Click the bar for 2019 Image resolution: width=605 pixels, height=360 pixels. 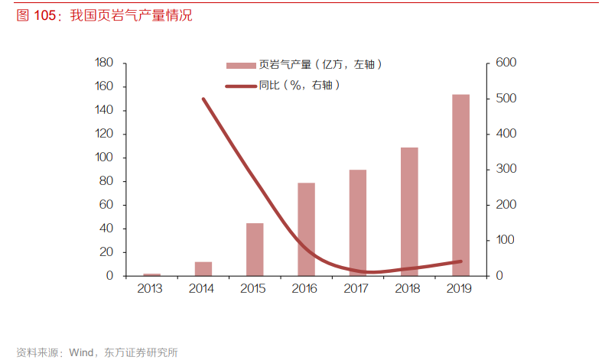click(x=460, y=185)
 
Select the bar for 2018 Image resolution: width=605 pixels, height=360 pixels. click(x=409, y=211)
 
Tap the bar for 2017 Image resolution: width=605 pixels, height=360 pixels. click(x=357, y=222)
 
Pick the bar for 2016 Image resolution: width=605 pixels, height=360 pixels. click(x=306, y=229)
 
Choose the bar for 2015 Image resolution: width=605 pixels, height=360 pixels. click(x=255, y=249)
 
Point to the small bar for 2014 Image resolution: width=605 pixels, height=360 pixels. click(x=203, y=268)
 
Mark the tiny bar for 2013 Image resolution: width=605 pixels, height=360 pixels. click(x=152, y=274)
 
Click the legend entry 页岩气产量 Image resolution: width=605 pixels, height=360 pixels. click(x=306, y=65)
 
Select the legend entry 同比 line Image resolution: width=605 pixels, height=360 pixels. click(x=283, y=86)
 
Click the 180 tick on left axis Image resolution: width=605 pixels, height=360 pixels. click(x=104, y=63)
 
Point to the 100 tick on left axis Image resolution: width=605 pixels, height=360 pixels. click(x=104, y=157)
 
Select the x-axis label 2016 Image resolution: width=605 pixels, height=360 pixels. click(x=306, y=289)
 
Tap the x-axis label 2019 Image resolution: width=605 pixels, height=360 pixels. click(x=460, y=289)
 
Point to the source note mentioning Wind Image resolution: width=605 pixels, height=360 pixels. click(x=96, y=352)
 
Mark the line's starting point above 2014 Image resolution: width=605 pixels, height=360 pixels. click(x=203, y=99)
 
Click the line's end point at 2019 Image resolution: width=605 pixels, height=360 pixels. click(x=460, y=261)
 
